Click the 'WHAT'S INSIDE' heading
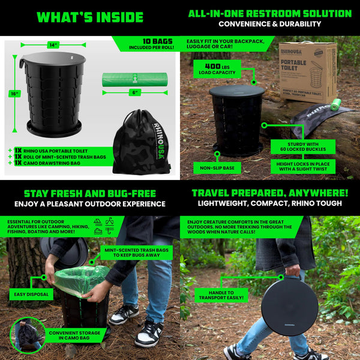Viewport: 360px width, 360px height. (89, 17)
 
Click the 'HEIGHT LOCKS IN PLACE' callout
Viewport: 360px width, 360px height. (303, 166)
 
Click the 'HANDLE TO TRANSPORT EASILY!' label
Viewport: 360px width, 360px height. (221, 294)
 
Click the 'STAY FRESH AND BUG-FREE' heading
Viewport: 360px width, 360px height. (89, 193)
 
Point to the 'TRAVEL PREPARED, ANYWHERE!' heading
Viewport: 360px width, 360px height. (269, 193)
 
